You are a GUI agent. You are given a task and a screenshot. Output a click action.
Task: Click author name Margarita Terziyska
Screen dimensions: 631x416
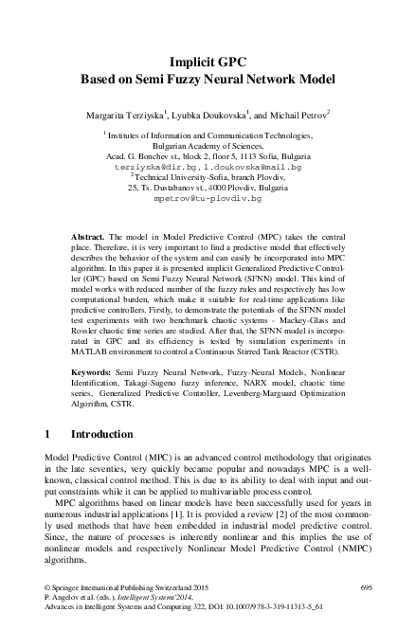coord(127,114)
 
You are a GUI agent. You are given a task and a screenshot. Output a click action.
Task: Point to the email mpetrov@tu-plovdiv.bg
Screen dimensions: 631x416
coord(208,200)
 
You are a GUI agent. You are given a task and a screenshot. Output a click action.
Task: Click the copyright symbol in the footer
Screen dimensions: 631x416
coord(48,589)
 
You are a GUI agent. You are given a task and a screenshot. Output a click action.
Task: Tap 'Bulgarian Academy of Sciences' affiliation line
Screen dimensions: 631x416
coord(208,147)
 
